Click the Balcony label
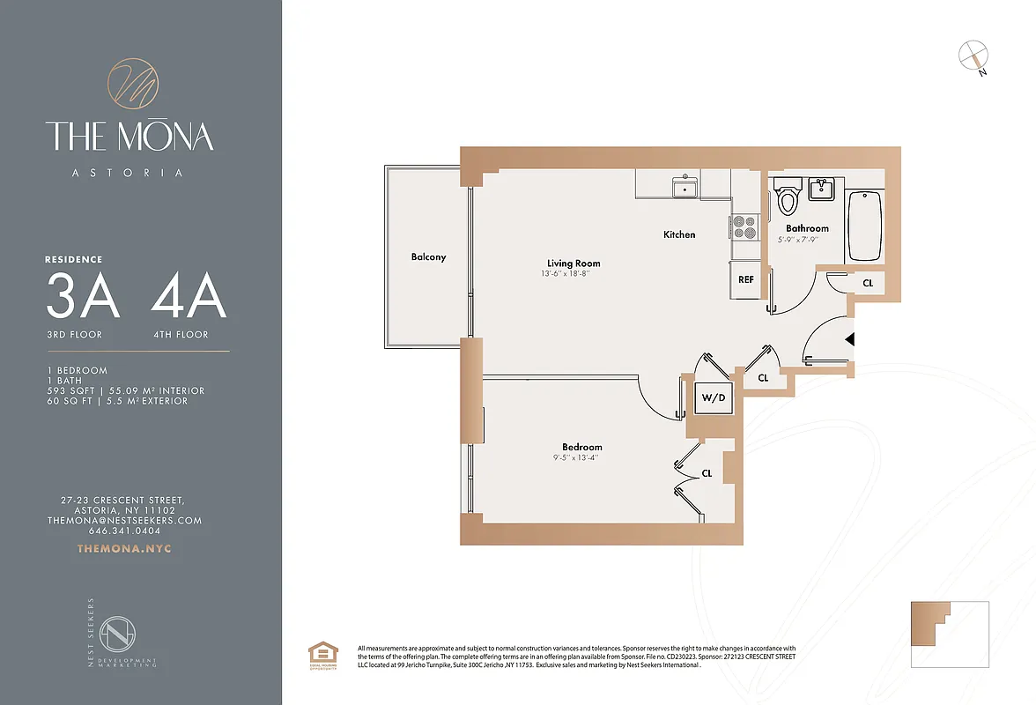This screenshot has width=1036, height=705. pos(428,257)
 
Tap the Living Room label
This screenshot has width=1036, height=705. pos(573,263)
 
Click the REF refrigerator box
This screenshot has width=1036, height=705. pos(745,280)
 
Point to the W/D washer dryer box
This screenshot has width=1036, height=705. pos(713,397)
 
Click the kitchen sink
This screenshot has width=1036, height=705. pos(684,187)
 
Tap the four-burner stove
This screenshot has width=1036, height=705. pos(744,227)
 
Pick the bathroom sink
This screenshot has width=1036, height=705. pos(822,189)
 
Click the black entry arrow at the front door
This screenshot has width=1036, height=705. pos(849,338)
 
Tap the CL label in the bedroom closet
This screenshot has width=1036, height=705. pos(707,473)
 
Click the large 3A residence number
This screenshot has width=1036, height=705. pos(83,298)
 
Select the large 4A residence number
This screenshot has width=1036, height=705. pos(189,298)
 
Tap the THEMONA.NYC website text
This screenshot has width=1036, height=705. pos(124,549)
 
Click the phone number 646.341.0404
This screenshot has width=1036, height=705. pos(124,531)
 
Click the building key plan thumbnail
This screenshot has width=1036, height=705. pos(950,633)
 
